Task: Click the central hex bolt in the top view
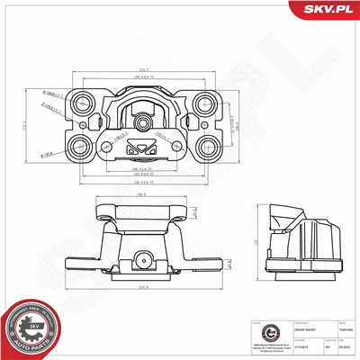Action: (142, 118)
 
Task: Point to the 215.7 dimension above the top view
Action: (142, 71)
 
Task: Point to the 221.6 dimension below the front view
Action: (142, 287)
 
